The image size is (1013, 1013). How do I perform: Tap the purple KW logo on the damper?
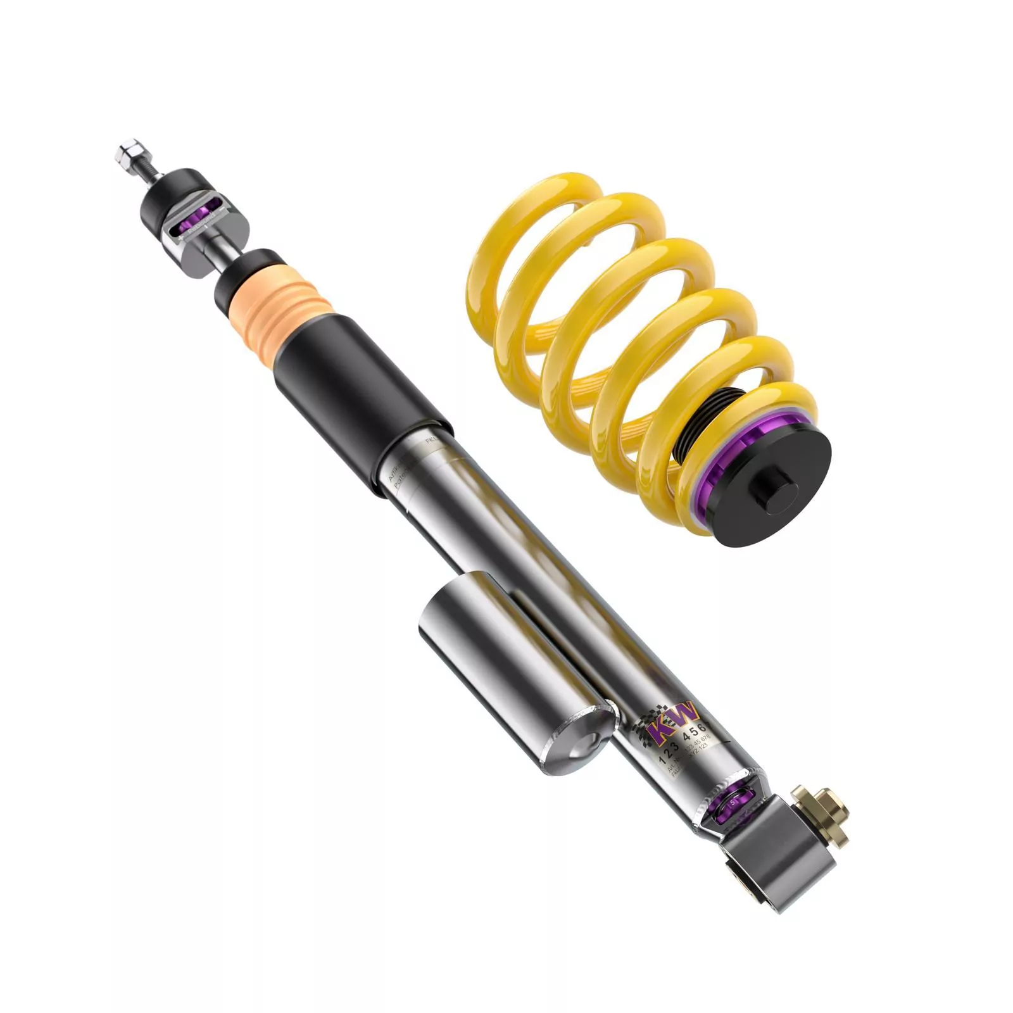pyautogui.click(x=673, y=722)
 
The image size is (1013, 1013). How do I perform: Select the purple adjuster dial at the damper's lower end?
pyautogui.click(x=738, y=804)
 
